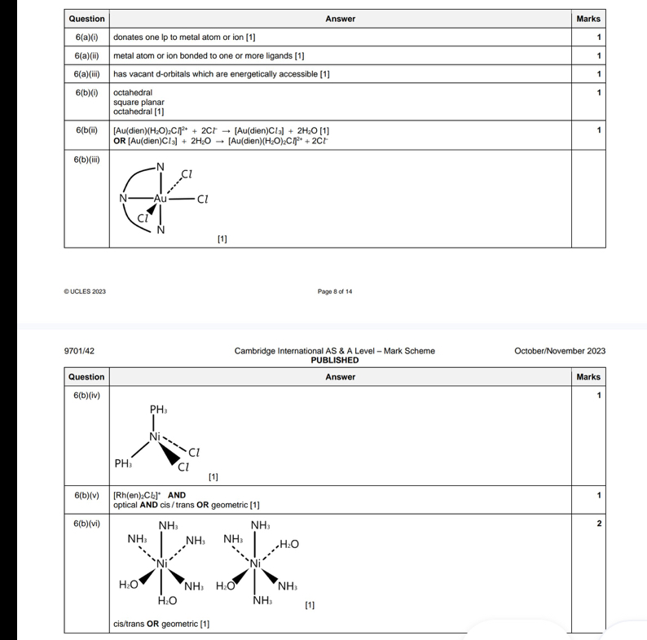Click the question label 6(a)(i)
coord(86,37)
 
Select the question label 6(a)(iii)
coord(86,74)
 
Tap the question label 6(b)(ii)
coord(86,130)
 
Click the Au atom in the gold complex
coord(161,198)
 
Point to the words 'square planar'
coord(139,103)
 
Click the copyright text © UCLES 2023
coord(85,292)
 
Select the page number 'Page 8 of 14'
coord(335,292)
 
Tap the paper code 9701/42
coord(79,351)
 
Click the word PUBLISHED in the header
coord(335,360)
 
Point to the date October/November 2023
coord(560,351)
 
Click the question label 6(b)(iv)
coord(86,396)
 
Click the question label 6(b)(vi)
coord(86,523)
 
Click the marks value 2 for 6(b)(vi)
coord(599,523)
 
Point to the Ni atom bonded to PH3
coord(155,437)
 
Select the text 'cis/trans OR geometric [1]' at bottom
coord(161,624)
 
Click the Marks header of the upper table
coord(588,19)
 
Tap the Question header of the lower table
coord(86,377)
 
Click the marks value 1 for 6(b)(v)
coord(599,495)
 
